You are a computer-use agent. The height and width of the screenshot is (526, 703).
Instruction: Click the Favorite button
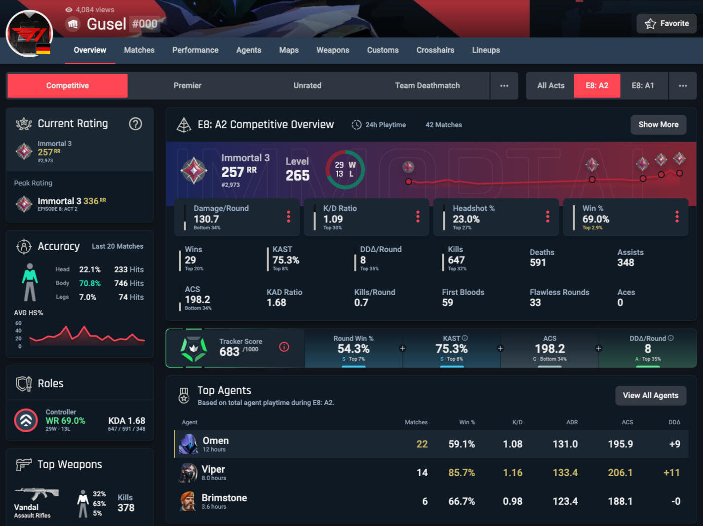[666, 24]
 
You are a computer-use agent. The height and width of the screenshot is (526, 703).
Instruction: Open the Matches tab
[139, 50]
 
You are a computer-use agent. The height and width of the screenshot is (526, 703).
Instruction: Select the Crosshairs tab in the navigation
[435, 50]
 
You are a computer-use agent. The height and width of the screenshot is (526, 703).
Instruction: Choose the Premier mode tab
[187, 85]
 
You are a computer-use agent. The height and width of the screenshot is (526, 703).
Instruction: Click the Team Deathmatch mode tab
[427, 85]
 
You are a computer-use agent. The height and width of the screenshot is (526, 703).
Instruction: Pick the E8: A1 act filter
[643, 85]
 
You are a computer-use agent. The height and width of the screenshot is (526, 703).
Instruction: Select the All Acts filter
[550, 85]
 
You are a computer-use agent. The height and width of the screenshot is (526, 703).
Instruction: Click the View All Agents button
[650, 395]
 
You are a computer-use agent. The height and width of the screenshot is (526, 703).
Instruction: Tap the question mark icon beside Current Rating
[135, 124]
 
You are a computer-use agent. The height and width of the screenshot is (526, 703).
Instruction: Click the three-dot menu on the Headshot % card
[547, 217]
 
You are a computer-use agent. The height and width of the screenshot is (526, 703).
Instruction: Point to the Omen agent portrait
[188, 444]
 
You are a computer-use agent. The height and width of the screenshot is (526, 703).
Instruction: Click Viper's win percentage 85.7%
[461, 473]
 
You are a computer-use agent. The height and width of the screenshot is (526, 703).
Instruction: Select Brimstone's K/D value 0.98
[512, 501]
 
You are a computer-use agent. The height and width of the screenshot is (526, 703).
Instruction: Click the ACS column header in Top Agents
[627, 422]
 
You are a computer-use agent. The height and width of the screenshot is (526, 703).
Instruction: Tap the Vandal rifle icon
[37, 493]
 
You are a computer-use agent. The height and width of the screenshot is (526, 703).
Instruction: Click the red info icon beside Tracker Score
[284, 347]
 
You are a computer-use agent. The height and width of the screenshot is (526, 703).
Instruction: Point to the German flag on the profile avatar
[43, 49]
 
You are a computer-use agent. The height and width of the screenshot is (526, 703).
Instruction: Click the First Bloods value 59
[447, 302]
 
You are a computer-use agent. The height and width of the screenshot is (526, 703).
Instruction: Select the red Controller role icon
[26, 420]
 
